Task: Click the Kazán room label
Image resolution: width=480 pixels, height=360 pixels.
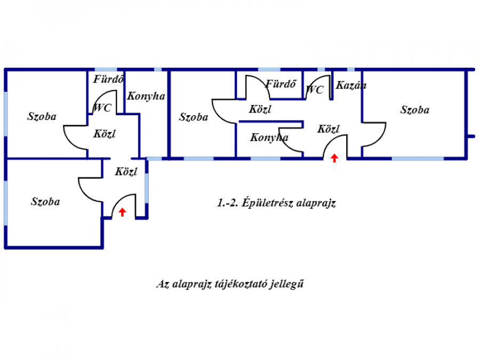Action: [351, 85]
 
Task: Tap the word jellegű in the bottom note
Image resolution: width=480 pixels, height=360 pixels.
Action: [290, 284]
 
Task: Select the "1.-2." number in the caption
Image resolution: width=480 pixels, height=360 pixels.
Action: [228, 203]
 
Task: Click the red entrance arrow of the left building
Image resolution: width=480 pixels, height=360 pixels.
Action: [122, 212]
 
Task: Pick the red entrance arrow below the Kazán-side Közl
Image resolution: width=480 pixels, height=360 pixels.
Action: [334, 157]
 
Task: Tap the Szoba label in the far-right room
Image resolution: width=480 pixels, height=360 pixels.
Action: [414, 110]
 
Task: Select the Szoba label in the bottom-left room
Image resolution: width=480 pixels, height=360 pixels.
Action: [45, 202]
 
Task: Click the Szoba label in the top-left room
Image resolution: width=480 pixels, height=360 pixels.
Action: [42, 116]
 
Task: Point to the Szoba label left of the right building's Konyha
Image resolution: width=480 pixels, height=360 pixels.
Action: [194, 117]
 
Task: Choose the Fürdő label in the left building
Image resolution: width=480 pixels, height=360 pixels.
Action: [109, 81]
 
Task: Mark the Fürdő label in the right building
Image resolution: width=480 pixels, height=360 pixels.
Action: [281, 84]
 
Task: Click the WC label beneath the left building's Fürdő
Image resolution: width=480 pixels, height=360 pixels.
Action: [102, 108]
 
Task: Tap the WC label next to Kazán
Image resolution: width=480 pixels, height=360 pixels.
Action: [315, 90]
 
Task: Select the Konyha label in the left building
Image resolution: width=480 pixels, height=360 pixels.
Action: [146, 97]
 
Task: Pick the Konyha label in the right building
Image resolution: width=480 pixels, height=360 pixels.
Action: [269, 138]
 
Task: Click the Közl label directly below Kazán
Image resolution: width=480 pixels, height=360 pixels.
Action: [329, 129]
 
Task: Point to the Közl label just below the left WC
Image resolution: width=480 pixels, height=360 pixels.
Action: [105, 134]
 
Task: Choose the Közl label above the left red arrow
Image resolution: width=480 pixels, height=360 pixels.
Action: [126, 172]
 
